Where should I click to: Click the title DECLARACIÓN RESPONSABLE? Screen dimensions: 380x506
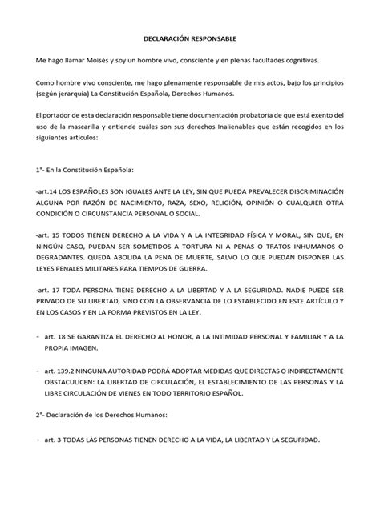189,38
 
